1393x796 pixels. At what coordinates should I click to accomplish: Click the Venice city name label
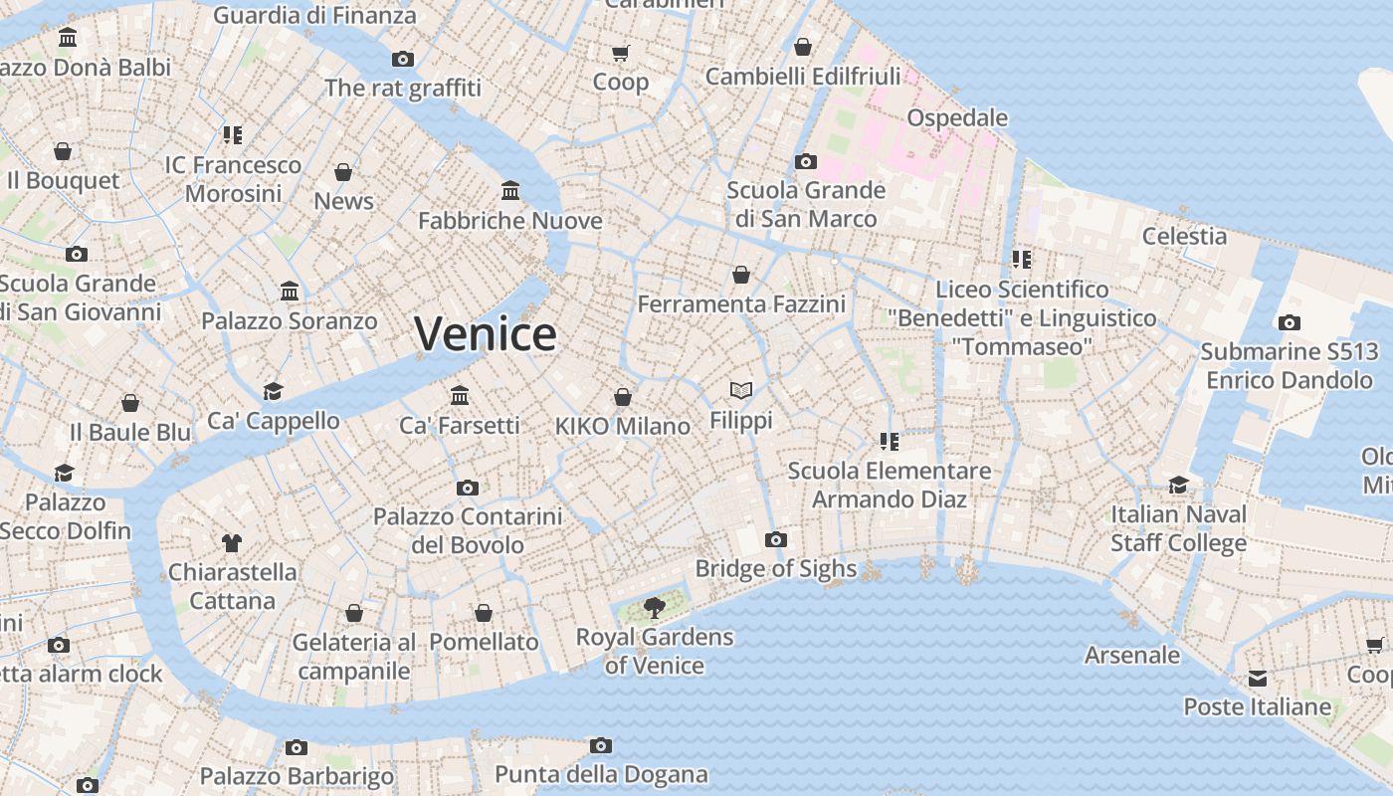coord(485,333)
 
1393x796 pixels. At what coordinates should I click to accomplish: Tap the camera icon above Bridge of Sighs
coord(776,539)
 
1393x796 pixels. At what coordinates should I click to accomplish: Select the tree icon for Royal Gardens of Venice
coord(655,606)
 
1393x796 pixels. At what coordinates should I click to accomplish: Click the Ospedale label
coord(957,117)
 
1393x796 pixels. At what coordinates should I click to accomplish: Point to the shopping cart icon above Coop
coord(621,53)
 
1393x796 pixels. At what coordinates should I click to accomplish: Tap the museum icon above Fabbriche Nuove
coord(510,190)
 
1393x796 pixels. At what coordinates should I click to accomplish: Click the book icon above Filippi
coord(740,390)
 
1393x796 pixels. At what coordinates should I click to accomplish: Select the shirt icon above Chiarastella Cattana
coord(232,542)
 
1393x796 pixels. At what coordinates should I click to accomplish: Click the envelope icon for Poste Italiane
coord(1258,678)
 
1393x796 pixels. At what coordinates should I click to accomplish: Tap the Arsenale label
coord(1132,655)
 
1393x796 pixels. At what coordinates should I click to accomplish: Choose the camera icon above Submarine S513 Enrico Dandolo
coord(1289,322)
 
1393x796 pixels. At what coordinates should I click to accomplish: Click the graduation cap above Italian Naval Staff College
coord(1178,485)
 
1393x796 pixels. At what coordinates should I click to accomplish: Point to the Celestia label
coord(1184,236)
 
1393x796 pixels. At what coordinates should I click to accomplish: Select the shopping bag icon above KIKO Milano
coord(623,397)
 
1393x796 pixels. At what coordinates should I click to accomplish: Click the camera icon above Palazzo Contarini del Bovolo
coord(467,488)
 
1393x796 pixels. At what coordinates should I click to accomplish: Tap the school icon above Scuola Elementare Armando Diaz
coord(889,441)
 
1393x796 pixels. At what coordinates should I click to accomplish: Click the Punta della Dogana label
coord(601,774)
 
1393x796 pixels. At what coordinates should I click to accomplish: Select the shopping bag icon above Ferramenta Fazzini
coord(741,274)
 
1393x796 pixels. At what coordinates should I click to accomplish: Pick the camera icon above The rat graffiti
coord(402,59)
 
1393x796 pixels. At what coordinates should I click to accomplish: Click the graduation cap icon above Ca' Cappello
coord(273,391)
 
